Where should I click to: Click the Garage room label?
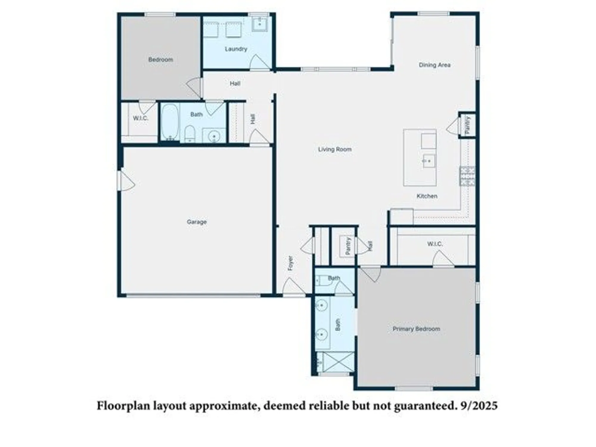[x=197, y=222]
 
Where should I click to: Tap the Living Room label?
[x=335, y=149]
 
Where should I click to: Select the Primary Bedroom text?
[x=416, y=329]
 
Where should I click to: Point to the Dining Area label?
[x=434, y=65]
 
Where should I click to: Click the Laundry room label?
[x=236, y=49]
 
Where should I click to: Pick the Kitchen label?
[x=427, y=196]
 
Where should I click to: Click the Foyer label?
[x=290, y=263]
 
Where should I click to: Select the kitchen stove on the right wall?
[x=467, y=176]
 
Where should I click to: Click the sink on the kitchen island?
[x=429, y=161]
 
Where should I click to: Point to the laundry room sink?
[x=260, y=23]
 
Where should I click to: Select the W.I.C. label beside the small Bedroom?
[x=140, y=118]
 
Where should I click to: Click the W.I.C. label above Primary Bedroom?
[x=435, y=244]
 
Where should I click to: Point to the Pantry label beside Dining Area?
[x=467, y=125]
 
